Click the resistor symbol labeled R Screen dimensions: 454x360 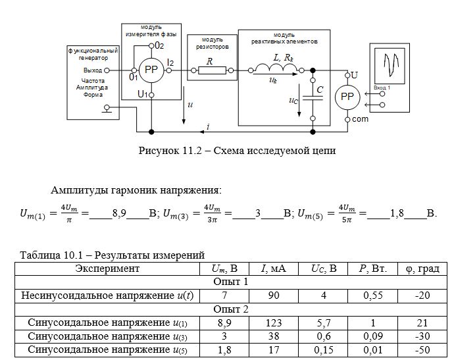click(x=212, y=70)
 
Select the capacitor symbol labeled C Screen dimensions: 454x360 click(x=313, y=98)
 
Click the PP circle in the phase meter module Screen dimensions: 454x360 click(x=151, y=70)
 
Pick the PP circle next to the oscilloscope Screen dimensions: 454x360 click(x=347, y=97)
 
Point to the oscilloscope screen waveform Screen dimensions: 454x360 click(x=391, y=64)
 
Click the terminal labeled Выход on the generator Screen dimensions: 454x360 click(x=107, y=70)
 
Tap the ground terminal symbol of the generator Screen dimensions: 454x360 click(x=107, y=109)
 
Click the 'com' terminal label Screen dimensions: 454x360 click(x=360, y=119)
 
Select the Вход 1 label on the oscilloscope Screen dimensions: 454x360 click(x=382, y=88)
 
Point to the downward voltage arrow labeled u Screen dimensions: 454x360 click(x=184, y=105)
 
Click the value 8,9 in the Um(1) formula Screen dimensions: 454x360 click(x=119, y=213)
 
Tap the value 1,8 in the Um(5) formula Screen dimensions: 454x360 click(x=397, y=213)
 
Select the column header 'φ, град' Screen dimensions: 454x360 click(x=422, y=269)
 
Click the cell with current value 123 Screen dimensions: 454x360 click(x=274, y=323)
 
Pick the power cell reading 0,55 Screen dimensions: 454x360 click(x=373, y=296)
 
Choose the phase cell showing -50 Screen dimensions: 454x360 click(x=422, y=350)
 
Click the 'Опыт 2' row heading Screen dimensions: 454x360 click(x=231, y=309)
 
